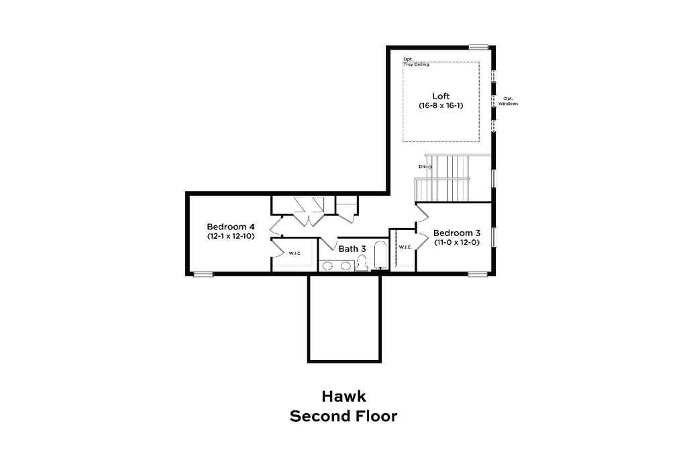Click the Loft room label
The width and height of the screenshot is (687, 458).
(x=441, y=97)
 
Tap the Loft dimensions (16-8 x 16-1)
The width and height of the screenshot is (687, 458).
(x=441, y=105)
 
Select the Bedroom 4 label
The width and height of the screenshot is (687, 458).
(x=231, y=227)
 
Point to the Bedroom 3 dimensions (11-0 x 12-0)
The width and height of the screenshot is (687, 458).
(x=456, y=242)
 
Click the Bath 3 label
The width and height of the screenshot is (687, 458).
(x=352, y=249)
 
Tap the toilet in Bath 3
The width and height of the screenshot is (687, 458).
(x=362, y=263)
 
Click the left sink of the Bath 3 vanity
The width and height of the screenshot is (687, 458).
(x=327, y=266)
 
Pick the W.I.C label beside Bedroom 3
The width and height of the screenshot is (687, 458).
(x=405, y=247)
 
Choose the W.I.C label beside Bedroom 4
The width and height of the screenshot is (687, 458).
(x=295, y=253)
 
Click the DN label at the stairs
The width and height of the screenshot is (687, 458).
(x=421, y=167)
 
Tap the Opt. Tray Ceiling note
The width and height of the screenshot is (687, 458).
(x=416, y=62)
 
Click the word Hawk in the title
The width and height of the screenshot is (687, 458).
(x=343, y=396)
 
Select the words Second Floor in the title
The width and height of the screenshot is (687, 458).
(x=343, y=416)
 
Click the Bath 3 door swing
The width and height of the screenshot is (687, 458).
(x=327, y=243)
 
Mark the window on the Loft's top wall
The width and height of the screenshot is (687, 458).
(x=478, y=47)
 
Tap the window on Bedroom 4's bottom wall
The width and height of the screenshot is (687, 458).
(x=203, y=274)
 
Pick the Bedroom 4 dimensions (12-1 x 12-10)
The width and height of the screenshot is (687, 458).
(x=231, y=236)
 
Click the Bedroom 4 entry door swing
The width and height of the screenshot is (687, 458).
(x=276, y=226)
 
